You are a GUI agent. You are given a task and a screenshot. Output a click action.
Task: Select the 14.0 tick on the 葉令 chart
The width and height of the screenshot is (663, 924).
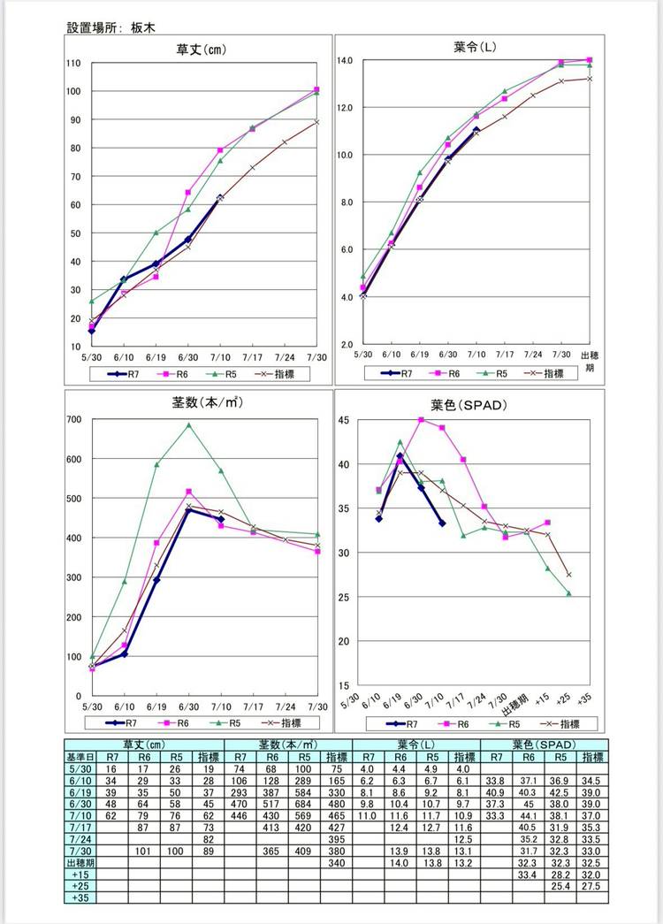(345, 60)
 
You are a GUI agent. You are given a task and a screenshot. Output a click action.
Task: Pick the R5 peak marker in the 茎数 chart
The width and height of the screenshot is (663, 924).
(188, 425)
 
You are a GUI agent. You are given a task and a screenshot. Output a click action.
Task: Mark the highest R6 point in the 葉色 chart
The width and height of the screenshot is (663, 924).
(421, 420)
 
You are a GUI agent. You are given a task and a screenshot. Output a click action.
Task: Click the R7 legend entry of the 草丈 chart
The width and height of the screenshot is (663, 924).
(128, 374)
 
